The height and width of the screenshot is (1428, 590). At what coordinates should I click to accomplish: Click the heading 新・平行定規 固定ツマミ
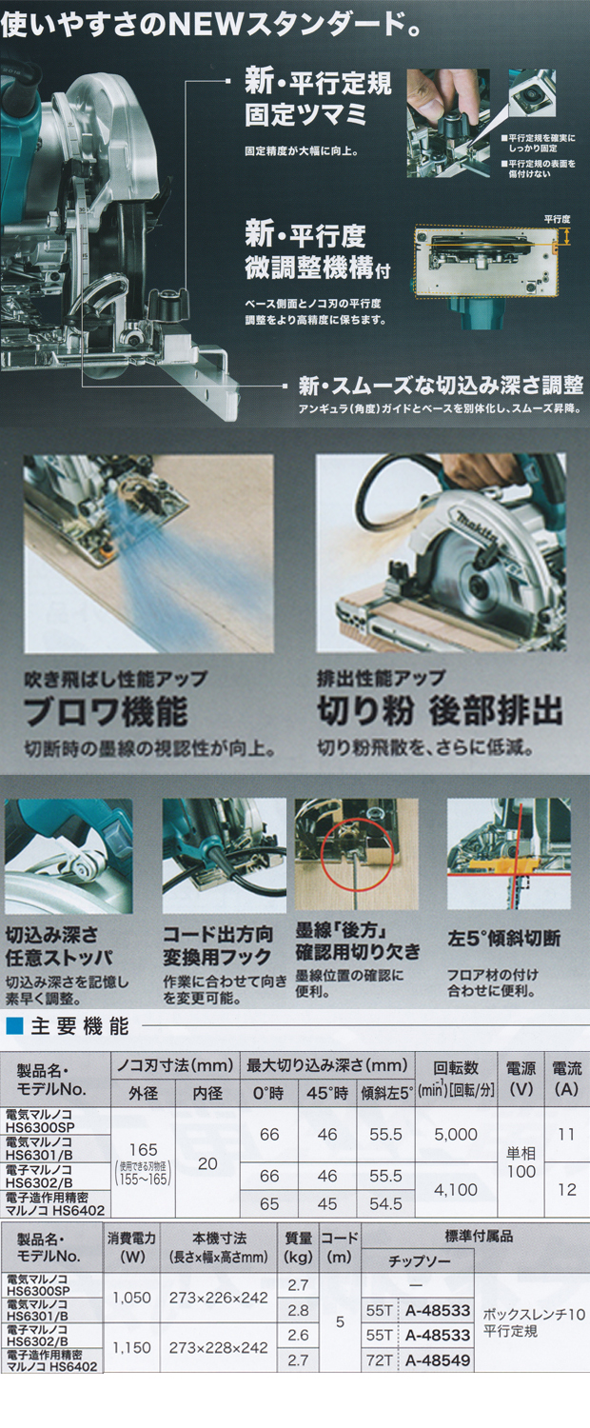(318, 99)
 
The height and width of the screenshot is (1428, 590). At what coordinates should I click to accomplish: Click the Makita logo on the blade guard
(475, 528)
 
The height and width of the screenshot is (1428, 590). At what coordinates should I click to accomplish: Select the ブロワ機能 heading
(105, 711)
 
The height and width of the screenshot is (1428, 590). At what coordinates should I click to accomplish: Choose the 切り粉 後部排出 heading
(440, 711)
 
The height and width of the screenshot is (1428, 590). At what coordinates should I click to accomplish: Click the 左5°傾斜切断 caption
(504, 939)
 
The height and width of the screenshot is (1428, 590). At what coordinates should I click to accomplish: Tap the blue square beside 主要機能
(14, 1026)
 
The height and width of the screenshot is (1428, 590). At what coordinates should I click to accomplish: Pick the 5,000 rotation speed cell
(456, 1134)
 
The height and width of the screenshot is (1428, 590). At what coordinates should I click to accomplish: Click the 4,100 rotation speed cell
(456, 1190)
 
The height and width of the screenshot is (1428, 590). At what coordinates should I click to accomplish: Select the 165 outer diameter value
(143, 1149)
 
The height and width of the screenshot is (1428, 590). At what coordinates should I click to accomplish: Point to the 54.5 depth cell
(385, 1203)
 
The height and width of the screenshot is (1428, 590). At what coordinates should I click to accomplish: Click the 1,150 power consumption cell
(131, 1348)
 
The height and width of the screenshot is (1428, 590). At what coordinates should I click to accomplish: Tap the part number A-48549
(438, 1360)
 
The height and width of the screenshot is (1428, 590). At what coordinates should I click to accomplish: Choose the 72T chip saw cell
(379, 1360)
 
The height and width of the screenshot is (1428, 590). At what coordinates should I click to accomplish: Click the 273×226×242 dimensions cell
(218, 1298)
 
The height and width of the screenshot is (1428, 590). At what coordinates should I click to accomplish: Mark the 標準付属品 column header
(479, 1236)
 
